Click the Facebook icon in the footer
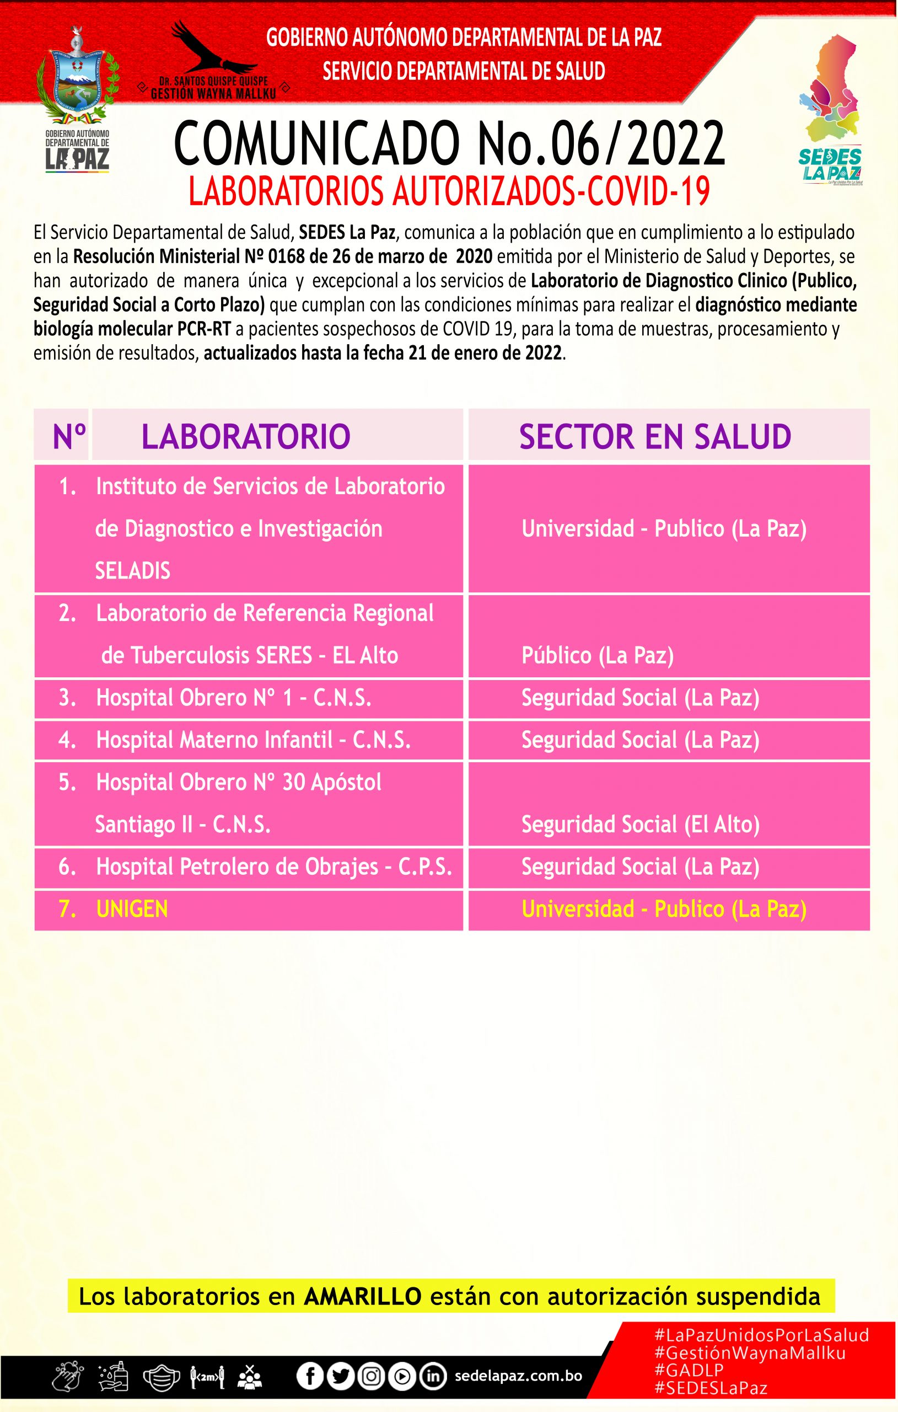[309, 1376]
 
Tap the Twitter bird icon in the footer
[340, 1376]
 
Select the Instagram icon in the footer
[371, 1376]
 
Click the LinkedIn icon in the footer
[433, 1376]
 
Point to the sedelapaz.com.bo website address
[518, 1376]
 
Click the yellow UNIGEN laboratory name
[132, 909]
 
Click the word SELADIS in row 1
[132, 570]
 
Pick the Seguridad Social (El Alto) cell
[640, 825]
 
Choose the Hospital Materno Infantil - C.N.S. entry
[252, 740]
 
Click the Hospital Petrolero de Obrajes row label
[274, 867]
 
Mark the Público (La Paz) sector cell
[598, 655]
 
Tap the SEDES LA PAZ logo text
[830, 165]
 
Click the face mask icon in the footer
[160, 1377]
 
